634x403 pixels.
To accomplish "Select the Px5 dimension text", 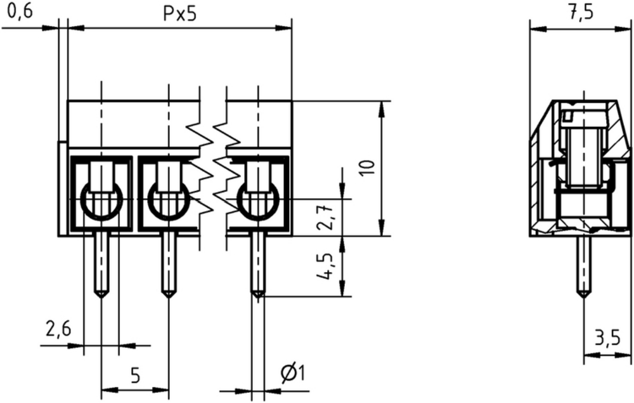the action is pos(179,14).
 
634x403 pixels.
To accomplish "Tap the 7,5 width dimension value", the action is pos(581,13).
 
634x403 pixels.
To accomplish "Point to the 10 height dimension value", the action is pos(368,168).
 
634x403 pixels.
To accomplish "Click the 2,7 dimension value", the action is pos(325,216).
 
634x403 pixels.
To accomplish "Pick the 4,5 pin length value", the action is pos(325,267).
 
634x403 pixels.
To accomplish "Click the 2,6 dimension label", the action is pos(58,329).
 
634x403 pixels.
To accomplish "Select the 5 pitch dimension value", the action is pos(136,376).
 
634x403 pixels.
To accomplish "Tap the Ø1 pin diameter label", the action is pos(293,373).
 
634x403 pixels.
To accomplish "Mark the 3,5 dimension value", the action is pos(607,338).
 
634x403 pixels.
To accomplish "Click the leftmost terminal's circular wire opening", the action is pos(101,199).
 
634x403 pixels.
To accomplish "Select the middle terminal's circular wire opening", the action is pos(168,199).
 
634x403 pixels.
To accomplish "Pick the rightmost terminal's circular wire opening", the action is pos(258,199).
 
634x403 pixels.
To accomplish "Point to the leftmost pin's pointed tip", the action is pos(101,298).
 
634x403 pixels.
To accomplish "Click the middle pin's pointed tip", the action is pos(168,298).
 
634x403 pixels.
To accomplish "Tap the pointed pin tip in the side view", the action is pos(583,298).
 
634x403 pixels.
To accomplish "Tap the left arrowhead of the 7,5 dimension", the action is pos(538,29).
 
